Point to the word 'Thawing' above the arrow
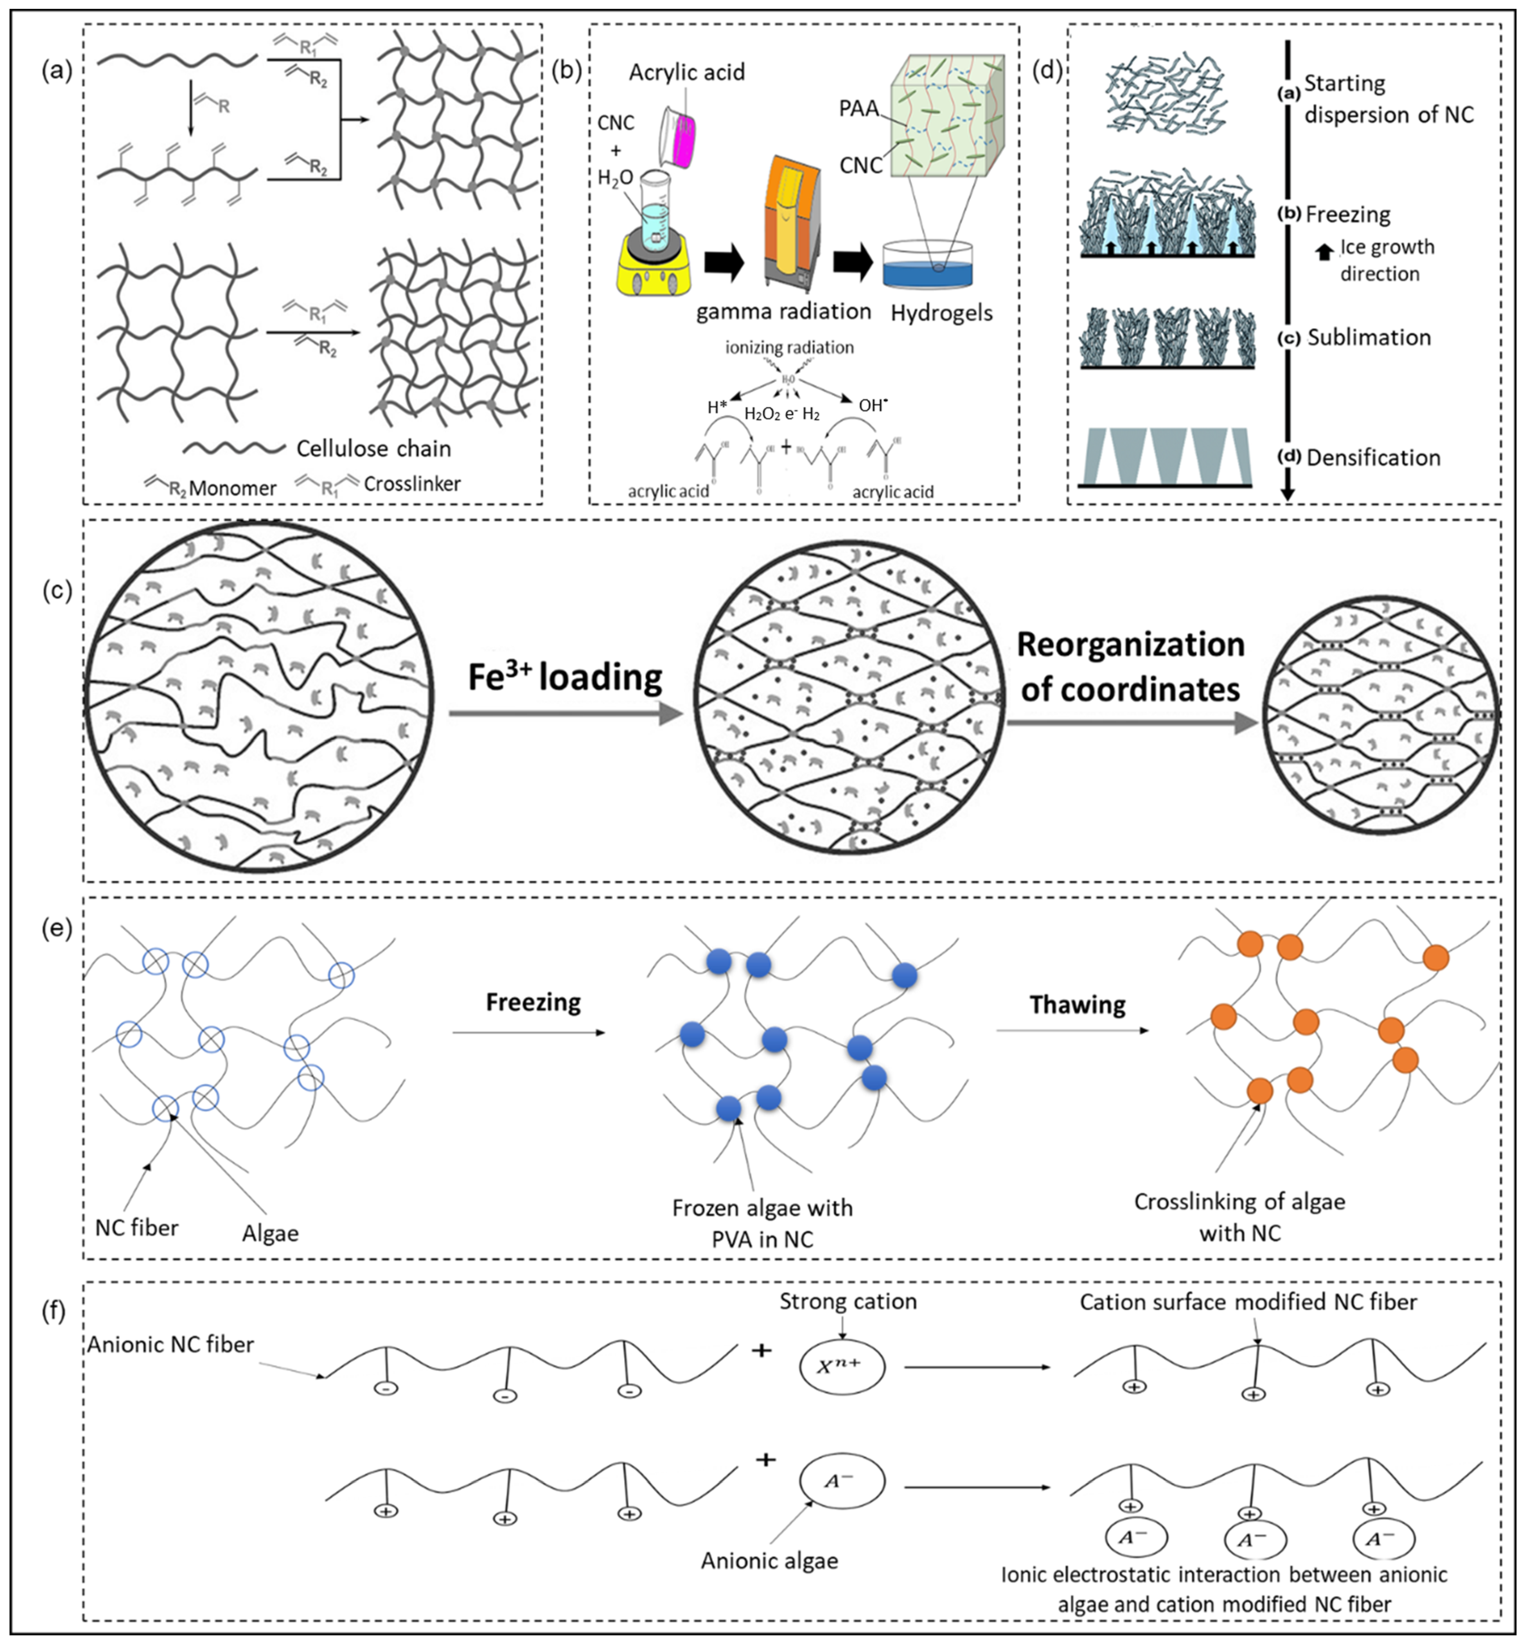pos(1077,1005)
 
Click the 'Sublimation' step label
pos(1368,338)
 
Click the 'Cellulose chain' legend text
pos(374,448)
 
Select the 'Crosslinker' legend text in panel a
pos(411,484)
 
